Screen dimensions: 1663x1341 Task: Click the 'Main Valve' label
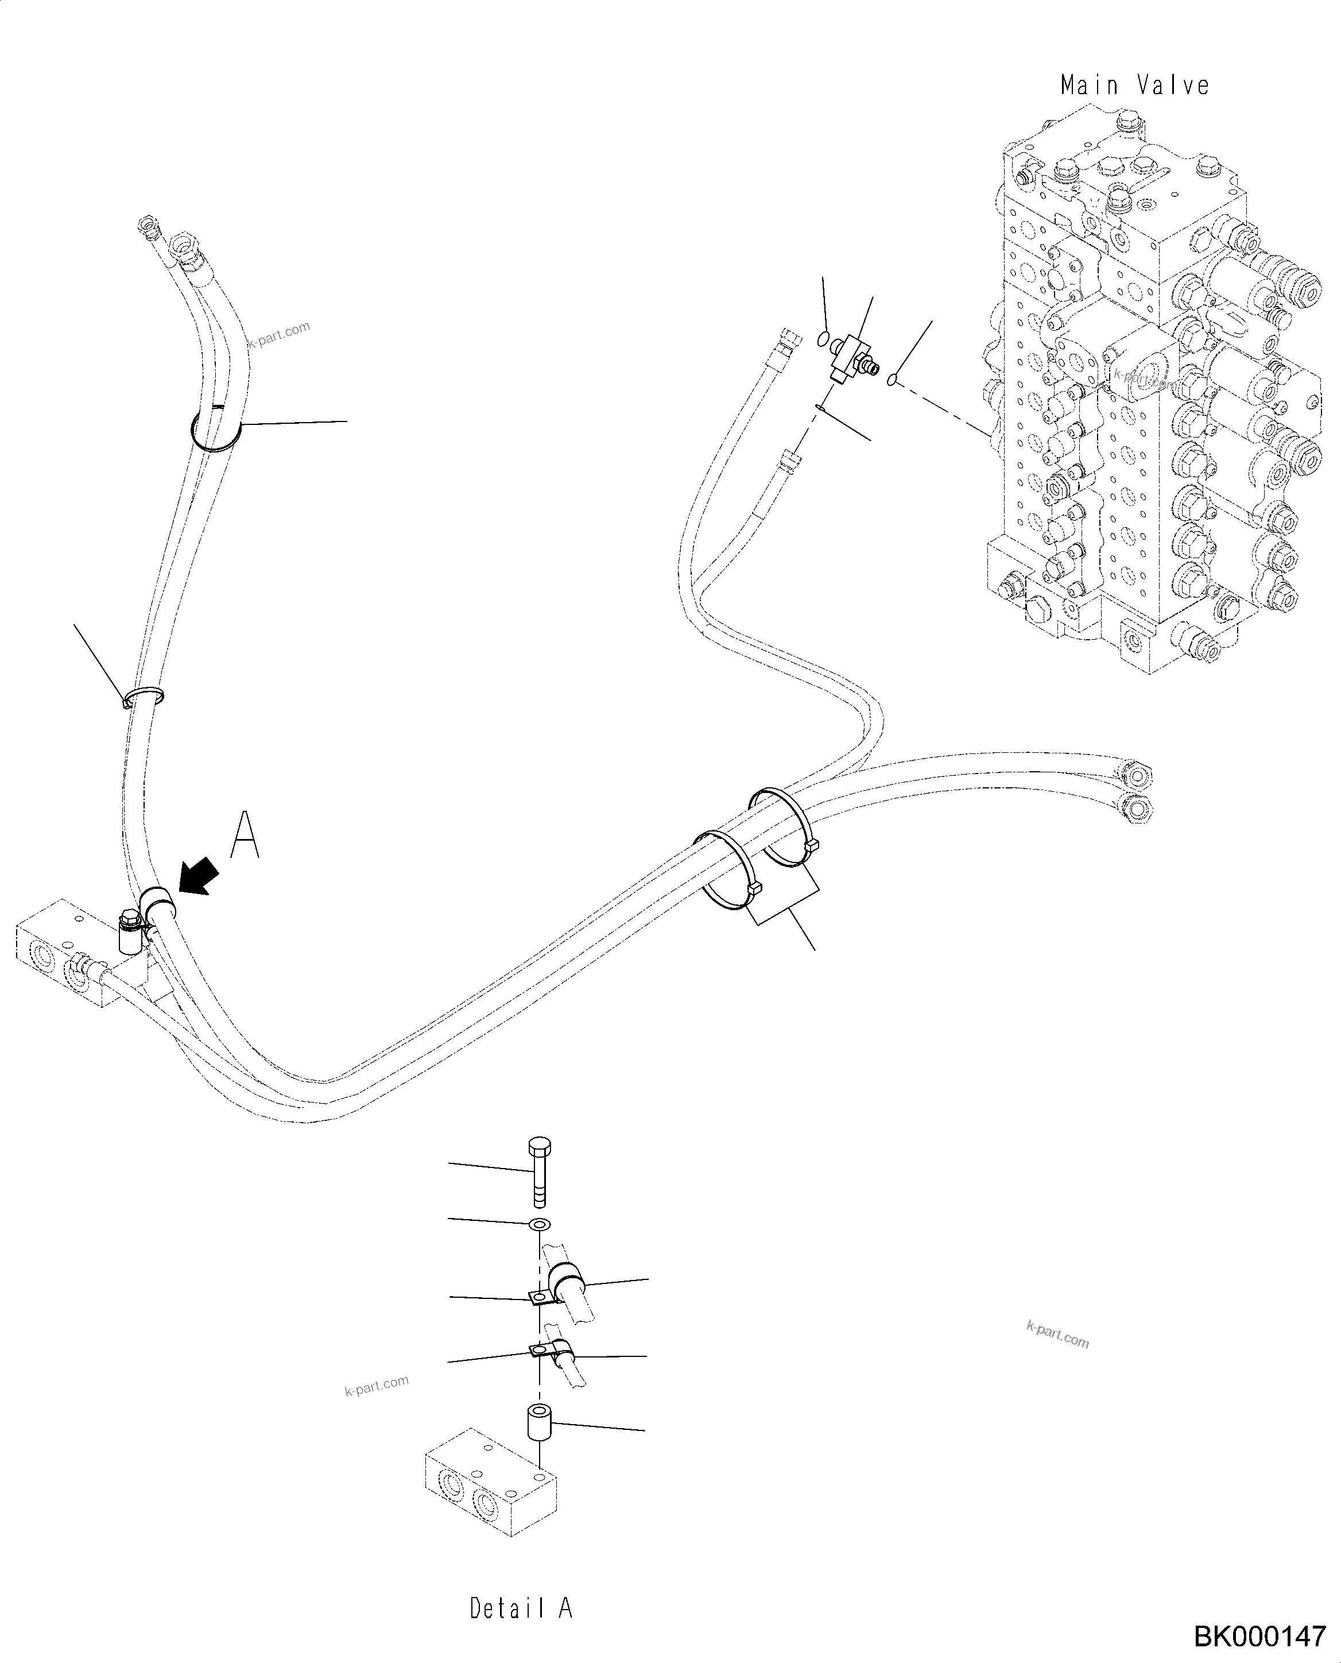click(x=1134, y=85)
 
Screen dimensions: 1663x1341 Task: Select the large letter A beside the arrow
click(x=246, y=834)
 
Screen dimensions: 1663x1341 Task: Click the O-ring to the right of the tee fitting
click(x=892, y=380)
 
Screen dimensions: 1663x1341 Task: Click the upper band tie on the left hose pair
click(x=216, y=429)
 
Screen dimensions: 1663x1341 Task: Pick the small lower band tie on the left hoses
click(x=145, y=695)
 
